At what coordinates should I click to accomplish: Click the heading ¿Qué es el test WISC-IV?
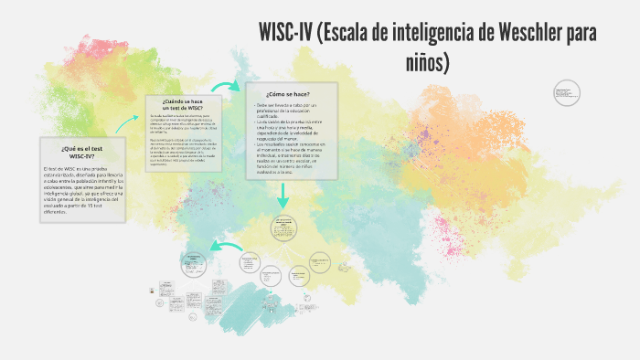click(x=81, y=152)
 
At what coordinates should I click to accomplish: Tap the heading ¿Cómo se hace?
click(x=288, y=94)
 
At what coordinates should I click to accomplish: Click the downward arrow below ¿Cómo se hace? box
click(x=284, y=195)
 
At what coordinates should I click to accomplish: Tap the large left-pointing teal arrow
click(x=224, y=245)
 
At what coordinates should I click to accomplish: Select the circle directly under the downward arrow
click(x=284, y=229)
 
